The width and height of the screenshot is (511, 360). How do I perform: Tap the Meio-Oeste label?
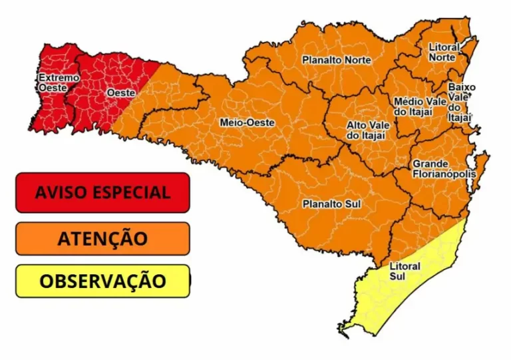click(x=247, y=122)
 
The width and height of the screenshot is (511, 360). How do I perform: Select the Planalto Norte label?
click(x=337, y=60)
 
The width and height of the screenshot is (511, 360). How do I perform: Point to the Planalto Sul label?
click(x=332, y=204)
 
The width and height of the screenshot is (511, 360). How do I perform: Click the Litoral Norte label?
click(x=442, y=53)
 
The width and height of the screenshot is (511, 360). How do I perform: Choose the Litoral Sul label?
click(x=405, y=271)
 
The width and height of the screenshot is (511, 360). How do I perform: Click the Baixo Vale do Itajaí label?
click(x=460, y=102)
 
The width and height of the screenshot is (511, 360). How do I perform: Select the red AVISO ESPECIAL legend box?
click(x=102, y=192)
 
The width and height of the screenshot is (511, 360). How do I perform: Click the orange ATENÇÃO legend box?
click(x=102, y=238)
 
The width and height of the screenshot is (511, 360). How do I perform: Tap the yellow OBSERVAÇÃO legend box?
click(x=102, y=281)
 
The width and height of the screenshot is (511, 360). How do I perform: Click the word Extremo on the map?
click(x=59, y=78)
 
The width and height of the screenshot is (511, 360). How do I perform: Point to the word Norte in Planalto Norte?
click(x=359, y=60)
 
